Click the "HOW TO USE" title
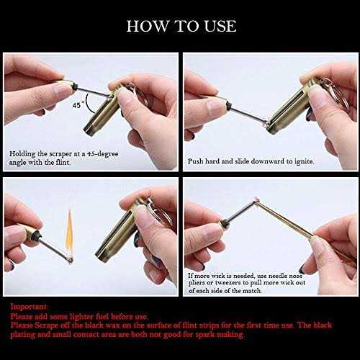[180, 26]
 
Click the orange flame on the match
[69, 229]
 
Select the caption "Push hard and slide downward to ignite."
[251, 162]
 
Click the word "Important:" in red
[26, 306]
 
